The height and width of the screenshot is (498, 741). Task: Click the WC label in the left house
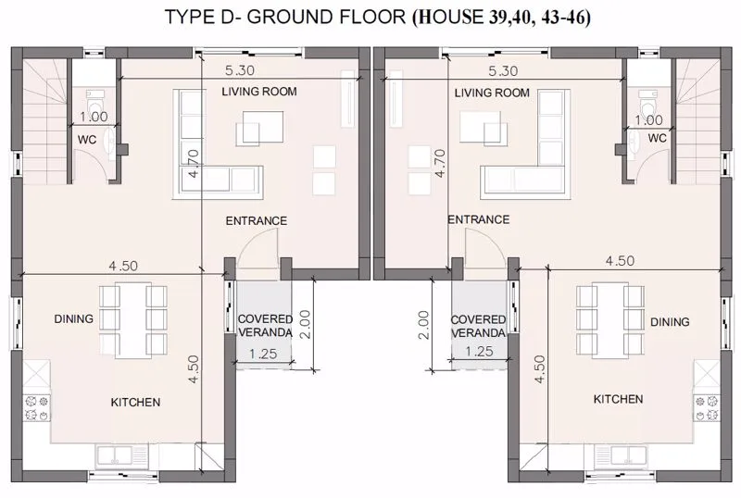tap(87, 140)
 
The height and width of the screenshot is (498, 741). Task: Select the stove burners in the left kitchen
tap(37, 408)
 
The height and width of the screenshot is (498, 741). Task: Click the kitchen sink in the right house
tap(621, 455)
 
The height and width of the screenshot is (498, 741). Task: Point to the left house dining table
tap(132, 320)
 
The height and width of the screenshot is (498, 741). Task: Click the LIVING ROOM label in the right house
tap(492, 93)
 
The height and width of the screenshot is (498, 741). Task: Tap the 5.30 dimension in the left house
tap(240, 70)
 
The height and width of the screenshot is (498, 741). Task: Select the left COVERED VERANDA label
tap(265, 326)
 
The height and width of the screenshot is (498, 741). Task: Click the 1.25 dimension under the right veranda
tap(479, 352)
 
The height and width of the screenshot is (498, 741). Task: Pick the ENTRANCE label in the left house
tap(257, 220)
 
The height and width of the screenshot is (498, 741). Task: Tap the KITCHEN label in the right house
tap(618, 399)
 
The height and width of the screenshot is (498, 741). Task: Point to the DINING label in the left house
tap(74, 319)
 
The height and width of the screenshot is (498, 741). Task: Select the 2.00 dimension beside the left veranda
tap(306, 324)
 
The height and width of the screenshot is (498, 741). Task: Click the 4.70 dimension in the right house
tap(440, 164)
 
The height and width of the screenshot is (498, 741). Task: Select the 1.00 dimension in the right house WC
tap(649, 120)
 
